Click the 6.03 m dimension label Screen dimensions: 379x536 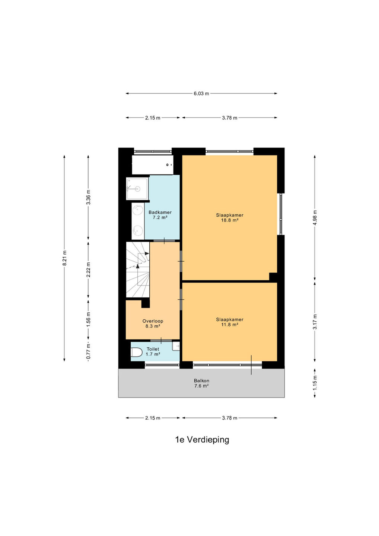tap(201, 93)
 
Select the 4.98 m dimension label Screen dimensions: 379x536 tap(315, 217)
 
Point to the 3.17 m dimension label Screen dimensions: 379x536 tap(315, 322)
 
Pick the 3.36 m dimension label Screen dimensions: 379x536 tap(88, 197)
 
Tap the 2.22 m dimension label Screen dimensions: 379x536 tap(88, 270)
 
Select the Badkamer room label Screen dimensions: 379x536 tap(160, 212)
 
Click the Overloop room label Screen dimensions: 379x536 tap(153, 321)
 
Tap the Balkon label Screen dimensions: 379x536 tap(201, 380)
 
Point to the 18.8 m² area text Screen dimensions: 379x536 tap(229, 220)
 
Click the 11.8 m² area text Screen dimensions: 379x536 tap(229, 325)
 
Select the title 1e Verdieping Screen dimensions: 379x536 tap(202, 440)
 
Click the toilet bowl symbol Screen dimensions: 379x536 tap(136, 352)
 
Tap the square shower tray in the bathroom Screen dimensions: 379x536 tap(137, 189)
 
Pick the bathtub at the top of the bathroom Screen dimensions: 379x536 tap(153, 165)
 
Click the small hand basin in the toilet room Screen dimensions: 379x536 tap(176, 346)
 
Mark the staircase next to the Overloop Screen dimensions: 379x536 tap(138, 269)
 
